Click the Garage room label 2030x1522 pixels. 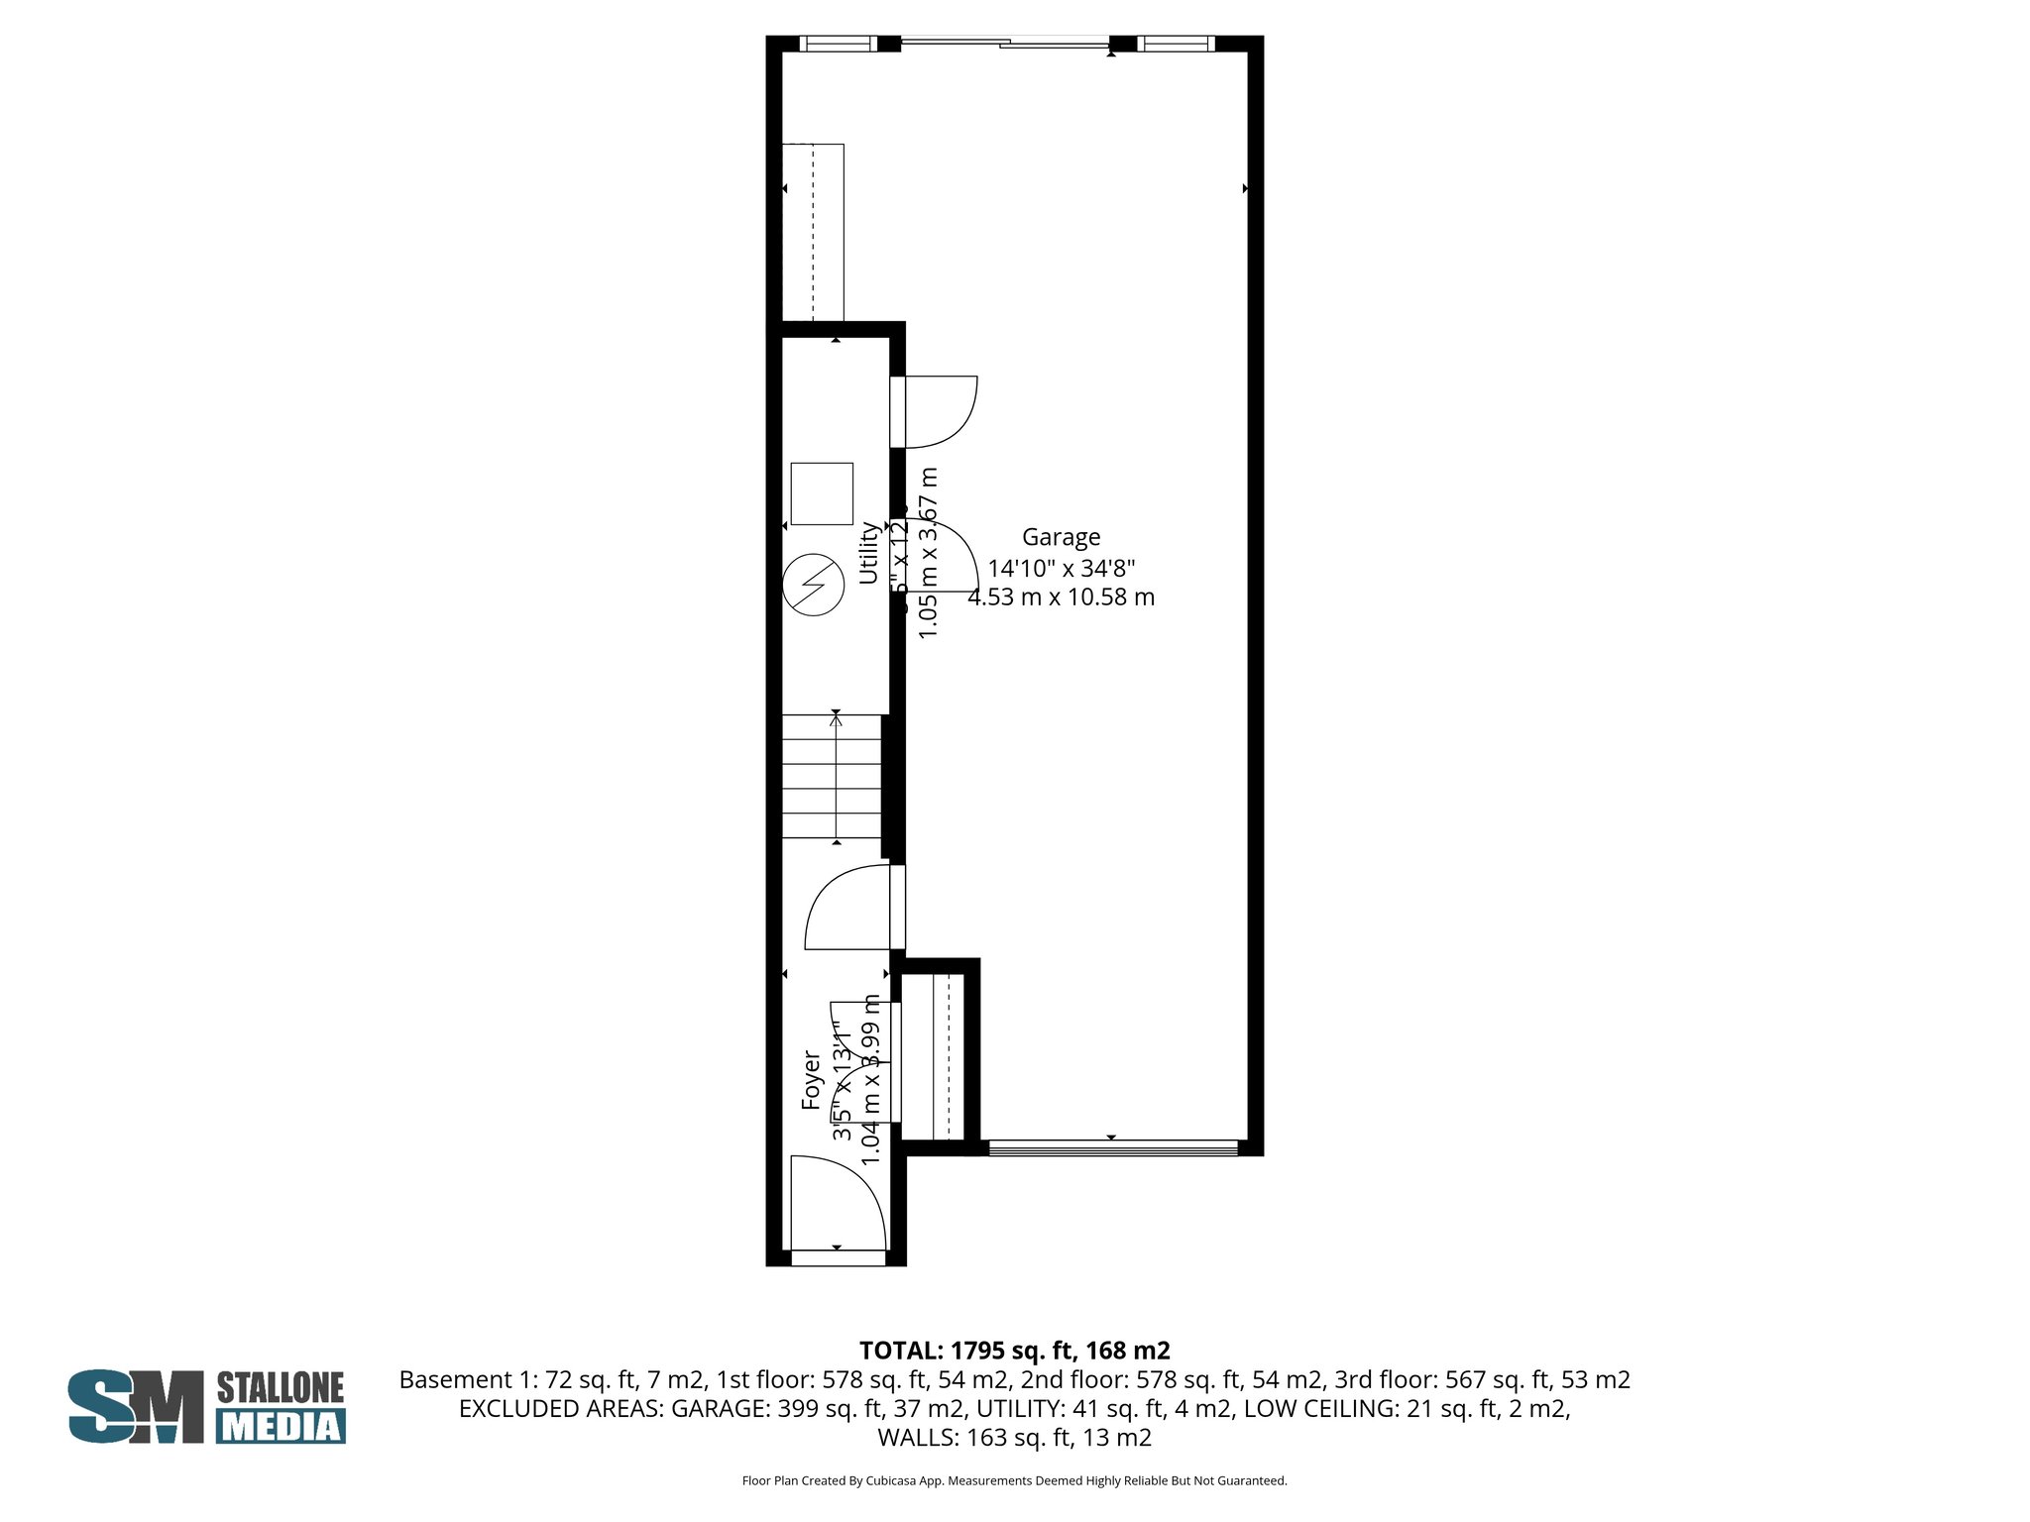[x=1061, y=537]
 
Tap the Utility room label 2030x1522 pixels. [x=868, y=553]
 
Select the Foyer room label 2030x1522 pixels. [x=812, y=1079]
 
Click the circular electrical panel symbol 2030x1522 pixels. [x=813, y=584]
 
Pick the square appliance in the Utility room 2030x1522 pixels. [x=822, y=493]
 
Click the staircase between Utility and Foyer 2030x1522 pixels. [x=833, y=777]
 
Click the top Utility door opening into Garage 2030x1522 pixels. [x=937, y=411]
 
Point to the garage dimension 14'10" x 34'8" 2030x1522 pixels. [x=1061, y=569]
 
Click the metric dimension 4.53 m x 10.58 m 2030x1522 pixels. [x=1061, y=598]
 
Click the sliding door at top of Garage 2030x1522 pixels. [x=1005, y=44]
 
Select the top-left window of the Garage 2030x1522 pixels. [x=839, y=44]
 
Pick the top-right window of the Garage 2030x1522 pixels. [x=1176, y=44]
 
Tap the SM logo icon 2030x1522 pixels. [x=135, y=1406]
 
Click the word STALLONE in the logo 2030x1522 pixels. [x=281, y=1387]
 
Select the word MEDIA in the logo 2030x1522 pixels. [x=282, y=1426]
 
